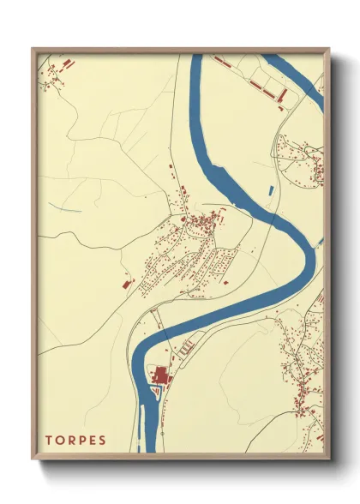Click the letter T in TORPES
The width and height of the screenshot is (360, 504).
coord(50,441)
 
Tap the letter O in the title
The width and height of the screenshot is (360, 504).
coord(61,441)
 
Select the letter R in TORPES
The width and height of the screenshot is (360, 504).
coord(72,441)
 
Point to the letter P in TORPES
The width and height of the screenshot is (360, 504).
coord(83,441)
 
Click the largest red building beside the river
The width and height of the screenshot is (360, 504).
coord(160,375)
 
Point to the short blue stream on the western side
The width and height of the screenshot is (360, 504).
coord(72,209)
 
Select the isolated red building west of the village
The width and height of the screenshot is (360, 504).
coord(126,282)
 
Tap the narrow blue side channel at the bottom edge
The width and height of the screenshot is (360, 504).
coord(140,429)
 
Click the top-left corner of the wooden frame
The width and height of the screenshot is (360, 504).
coord(33,50)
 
